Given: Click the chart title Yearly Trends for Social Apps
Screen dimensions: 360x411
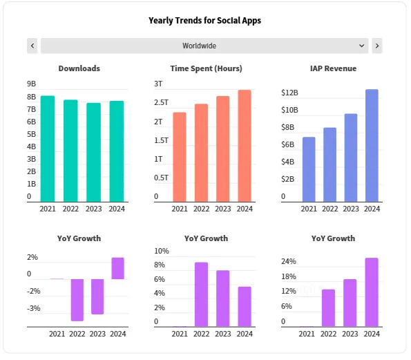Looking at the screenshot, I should click(204, 21).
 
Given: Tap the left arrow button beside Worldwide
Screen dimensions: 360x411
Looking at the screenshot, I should click(32, 46).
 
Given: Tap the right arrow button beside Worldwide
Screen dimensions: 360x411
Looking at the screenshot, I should click(376, 46).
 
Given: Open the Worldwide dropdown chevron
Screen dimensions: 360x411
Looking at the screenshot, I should click(362, 46).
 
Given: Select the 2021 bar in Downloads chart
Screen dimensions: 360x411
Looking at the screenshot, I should click(48, 149).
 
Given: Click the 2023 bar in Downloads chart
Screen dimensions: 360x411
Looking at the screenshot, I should click(94, 152).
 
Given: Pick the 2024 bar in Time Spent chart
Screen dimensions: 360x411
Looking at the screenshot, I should click(245, 146).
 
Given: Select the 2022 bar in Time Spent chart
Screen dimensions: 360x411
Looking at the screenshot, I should click(201, 153).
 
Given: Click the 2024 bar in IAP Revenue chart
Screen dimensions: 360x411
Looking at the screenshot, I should click(372, 146).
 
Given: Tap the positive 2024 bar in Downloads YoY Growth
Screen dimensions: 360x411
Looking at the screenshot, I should click(117, 268).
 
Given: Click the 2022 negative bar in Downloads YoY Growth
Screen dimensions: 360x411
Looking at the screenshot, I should click(77, 299).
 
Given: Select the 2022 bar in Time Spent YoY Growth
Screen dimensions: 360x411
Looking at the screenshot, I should click(201, 294).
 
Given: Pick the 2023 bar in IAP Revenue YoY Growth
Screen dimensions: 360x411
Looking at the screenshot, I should click(350, 303).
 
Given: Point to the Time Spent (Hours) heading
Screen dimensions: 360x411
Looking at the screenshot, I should click(206, 68).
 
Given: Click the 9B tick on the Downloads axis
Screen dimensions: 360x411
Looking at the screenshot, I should click(31, 84).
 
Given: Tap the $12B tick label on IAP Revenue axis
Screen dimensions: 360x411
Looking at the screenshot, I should click(289, 93).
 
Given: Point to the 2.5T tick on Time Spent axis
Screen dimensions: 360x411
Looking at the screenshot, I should click(161, 102).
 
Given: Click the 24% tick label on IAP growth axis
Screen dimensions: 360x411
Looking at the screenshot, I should click(288, 262).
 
